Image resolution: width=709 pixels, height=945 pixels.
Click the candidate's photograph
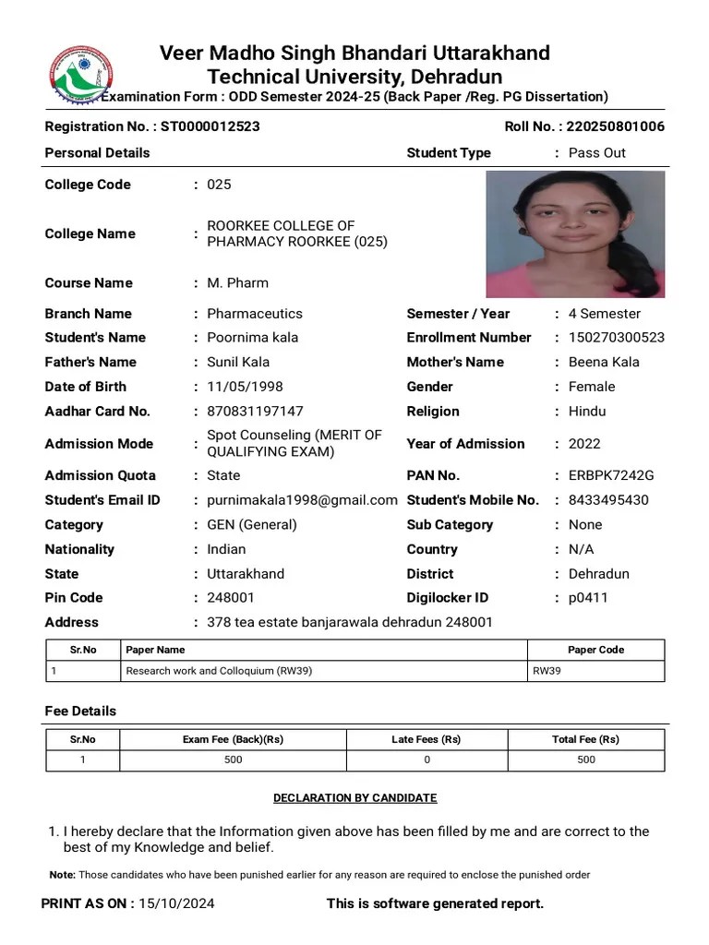tap(575, 233)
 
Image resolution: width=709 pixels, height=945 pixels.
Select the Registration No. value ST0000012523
tap(210, 126)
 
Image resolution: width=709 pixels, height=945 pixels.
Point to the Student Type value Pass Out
tap(596, 153)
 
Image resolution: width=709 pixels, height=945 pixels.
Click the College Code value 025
tap(219, 185)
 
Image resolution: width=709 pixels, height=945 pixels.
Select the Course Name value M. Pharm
tap(237, 282)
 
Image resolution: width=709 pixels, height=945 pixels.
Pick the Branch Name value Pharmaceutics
tap(254, 314)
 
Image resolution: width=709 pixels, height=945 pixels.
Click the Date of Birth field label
tap(86, 387)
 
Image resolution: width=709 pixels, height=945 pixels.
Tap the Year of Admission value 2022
tap(584, 444)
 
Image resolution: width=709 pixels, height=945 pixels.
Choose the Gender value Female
tap(592, 387)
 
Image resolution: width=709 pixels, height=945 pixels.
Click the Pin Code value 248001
tap(231, 598)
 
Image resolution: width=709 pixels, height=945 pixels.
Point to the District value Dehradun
tap(599, 574)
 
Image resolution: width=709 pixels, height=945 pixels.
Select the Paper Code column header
tap(595, 650)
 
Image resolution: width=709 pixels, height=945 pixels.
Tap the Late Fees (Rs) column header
tap(426, 739)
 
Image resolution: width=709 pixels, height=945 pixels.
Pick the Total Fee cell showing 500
tap(586, 760)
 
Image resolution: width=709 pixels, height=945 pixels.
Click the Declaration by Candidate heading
tap(354, 798)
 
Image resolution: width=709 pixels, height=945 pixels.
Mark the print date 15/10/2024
tap(176, 903)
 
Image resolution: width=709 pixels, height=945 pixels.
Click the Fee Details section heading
tap(80, 712)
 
